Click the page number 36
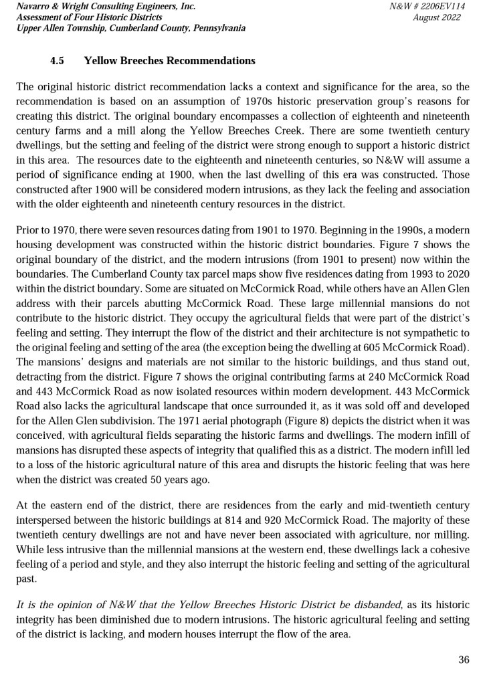[x=464, y=660]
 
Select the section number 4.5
[x=57, y=61]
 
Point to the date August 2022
[x=437, y=17]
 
